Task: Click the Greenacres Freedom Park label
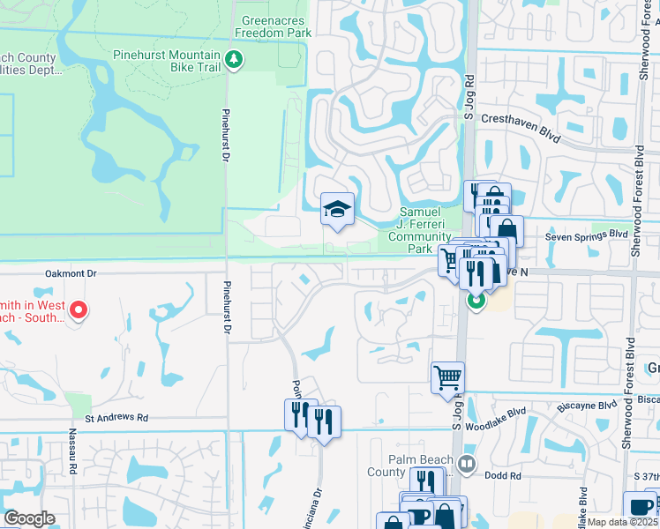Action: (x=274, y=26)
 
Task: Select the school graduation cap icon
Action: (x=337, y=210)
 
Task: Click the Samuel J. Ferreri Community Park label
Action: (x=418, y=230)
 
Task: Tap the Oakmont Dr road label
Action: (x=84, y=274)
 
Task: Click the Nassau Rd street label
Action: (x=72, y=455)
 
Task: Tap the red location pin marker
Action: (x=78, y=309)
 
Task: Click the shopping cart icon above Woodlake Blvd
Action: (x=447, y=377)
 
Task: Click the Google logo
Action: (x=29, y=518)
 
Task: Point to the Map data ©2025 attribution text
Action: (x=623, y=522)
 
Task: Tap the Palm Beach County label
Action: (x=421, y=466)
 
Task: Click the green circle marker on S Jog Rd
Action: (x=476, y=302)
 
